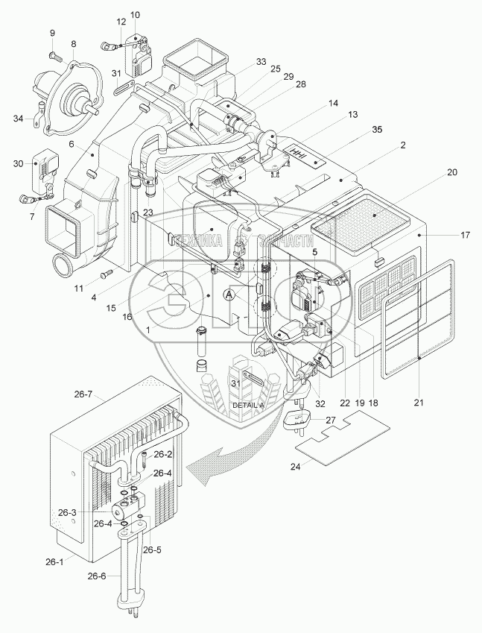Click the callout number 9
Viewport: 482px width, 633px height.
coord(53,33)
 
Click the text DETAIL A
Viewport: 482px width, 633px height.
coord(248,404)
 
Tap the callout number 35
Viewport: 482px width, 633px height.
coord(378,130)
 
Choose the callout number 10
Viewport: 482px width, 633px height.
coord(134,15)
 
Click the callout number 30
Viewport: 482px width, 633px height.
coord(19,163)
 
